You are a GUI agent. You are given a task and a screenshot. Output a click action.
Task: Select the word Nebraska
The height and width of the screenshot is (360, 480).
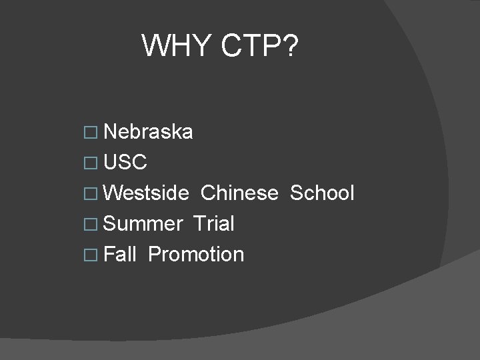point(149,132)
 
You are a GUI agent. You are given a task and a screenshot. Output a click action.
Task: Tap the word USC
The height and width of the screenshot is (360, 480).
point(126,163)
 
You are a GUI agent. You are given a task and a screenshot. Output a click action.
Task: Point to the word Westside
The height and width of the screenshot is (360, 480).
point(147,193)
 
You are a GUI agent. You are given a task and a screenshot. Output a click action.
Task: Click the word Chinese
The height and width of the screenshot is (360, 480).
point(239,193)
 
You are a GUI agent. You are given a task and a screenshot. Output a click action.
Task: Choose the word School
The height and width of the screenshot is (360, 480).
point(322,193)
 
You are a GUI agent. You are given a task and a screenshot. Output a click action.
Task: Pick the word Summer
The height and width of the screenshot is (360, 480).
point(143,224)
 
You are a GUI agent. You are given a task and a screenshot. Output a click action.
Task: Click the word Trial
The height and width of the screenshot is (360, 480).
point(213,224)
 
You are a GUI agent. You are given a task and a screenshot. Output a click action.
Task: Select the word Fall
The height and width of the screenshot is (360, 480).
point(120,254)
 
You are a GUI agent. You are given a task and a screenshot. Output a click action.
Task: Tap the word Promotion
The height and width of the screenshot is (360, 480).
point(196,255)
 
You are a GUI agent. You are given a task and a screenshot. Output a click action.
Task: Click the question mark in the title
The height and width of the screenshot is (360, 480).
point(292,45)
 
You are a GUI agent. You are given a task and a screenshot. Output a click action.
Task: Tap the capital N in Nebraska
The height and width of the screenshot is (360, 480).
point(111,132)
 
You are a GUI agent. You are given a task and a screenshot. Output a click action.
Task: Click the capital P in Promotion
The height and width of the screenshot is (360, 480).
point(155,254)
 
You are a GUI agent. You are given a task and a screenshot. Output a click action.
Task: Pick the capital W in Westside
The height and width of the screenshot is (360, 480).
point(115,193)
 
